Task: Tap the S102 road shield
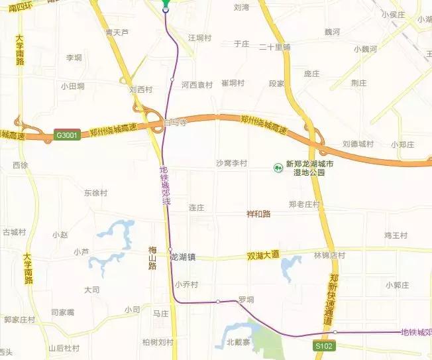pyautogui.click(x=324, y=346)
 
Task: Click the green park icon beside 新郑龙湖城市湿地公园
pyautogui.click(x=278, y=168)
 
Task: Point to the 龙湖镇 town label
pyautogui.click(x=182, y=257)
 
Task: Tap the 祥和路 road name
pyautogui.click(x=259, y=214)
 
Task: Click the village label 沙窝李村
pyautogui.click(x=231, y=163)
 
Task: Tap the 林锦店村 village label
pyautogui.click(x=329, y=255)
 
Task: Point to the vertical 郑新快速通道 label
pyautogui.click(x=333, y=298)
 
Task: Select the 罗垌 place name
pyautogui.click(x=246, y=299)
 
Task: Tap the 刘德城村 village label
pyautogui.click(x=358, y=144)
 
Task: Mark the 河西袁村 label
pyautogui.click(x=197, y=85)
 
